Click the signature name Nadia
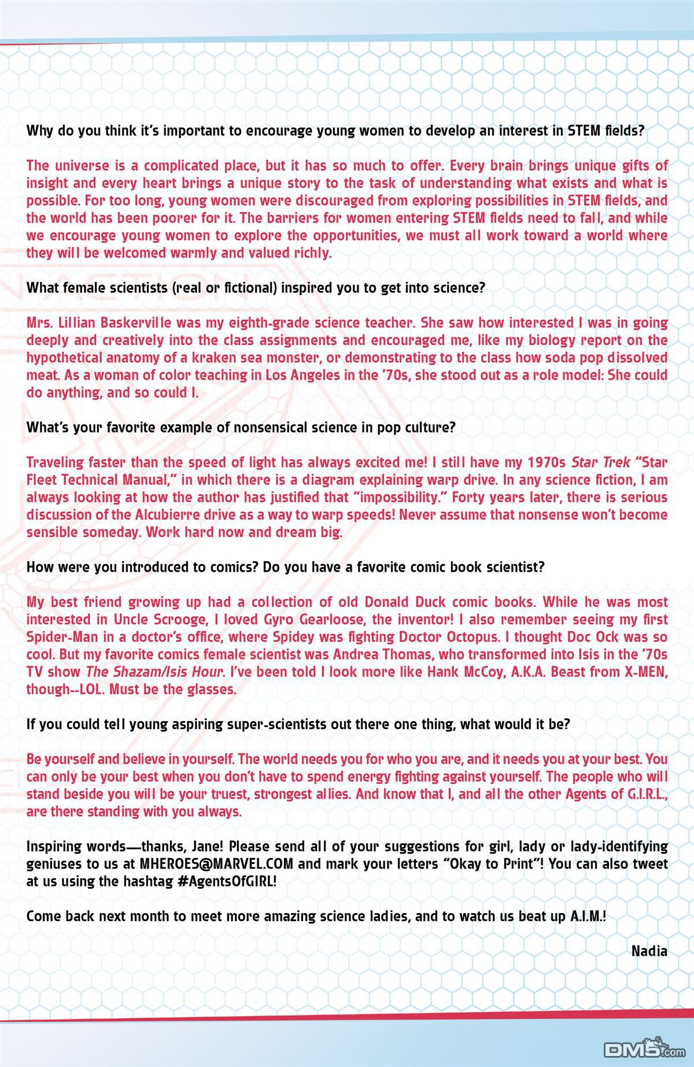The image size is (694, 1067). coord(649,951)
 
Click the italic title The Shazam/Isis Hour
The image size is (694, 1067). coord(154,672)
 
